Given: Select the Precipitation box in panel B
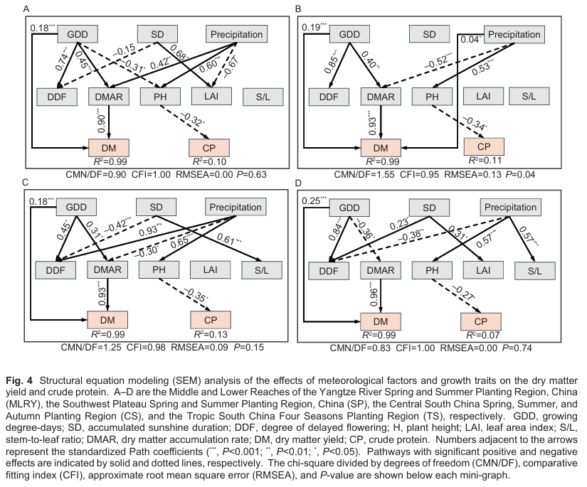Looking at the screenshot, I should coord(513,34).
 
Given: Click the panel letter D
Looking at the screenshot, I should coord(298,183).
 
